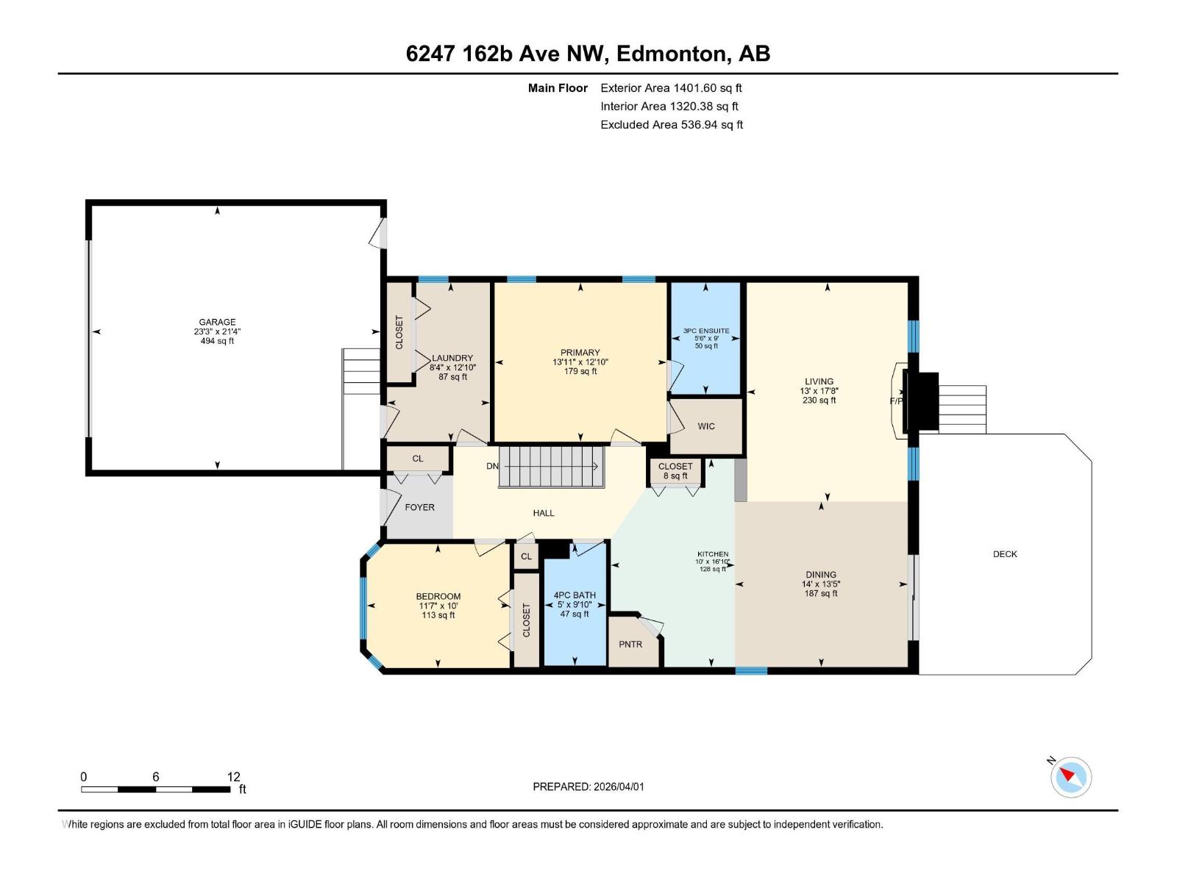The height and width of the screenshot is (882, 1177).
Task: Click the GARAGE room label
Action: point(217,322)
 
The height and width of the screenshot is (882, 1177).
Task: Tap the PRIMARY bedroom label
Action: point(580,353)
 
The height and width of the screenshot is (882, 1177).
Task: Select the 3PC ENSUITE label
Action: point(706,331)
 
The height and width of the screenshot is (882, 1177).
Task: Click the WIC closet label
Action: point(706,426)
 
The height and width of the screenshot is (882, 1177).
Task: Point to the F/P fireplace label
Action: point(896,401)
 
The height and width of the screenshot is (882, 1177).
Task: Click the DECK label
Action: point(1005,554)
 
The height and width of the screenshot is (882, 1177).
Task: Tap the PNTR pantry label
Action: point(630,644)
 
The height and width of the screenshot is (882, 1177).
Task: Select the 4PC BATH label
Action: point(575,595)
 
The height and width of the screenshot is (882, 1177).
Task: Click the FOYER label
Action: point(419,507)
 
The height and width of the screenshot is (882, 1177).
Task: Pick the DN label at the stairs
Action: point(492,466)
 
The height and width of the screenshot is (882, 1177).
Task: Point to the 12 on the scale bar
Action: point(233,777)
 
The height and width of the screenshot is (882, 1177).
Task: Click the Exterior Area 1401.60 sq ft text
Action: point(671,88)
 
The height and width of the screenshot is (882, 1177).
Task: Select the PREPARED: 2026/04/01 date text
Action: point(588,786)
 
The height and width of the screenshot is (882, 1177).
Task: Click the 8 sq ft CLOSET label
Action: point(675,471)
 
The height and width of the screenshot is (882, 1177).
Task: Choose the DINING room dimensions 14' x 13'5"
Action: point(821,584)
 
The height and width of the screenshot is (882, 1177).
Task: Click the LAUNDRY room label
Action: point(452,358)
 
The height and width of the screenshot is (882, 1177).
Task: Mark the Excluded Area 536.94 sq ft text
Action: point(672,125)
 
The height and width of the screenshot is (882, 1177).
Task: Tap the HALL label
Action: point(544,513)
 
